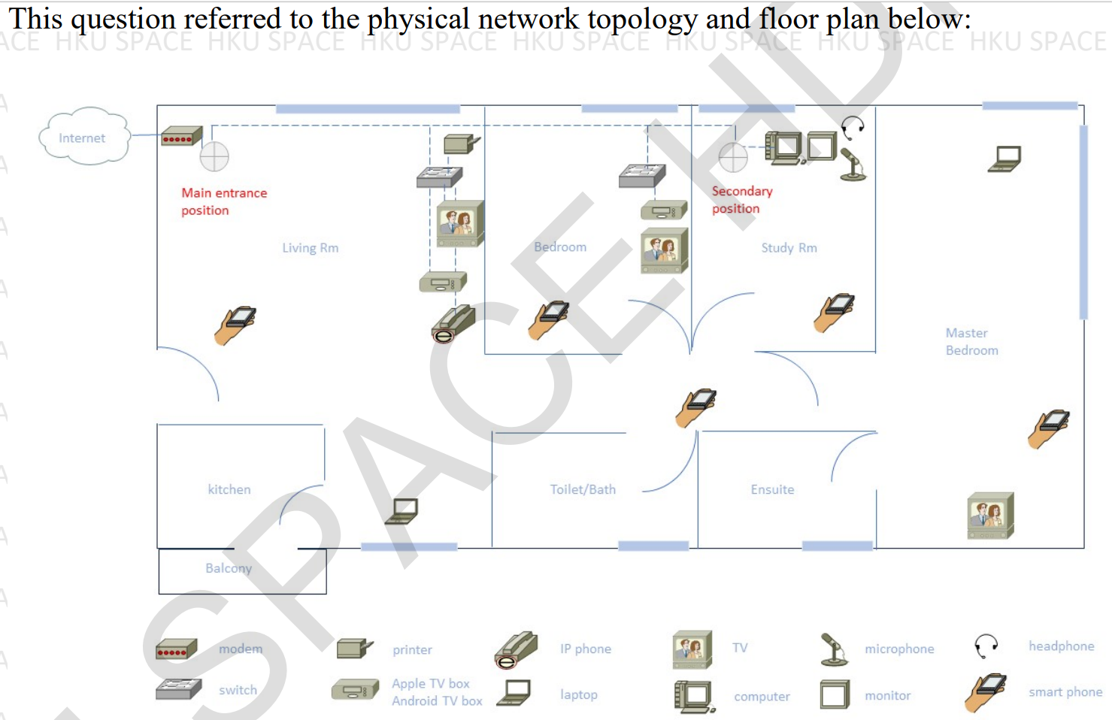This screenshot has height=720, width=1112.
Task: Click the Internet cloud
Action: tap(83, 137)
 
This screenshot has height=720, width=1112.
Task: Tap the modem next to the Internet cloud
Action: tap(181, 137)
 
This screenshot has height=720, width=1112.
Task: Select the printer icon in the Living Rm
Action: tap(460, 144)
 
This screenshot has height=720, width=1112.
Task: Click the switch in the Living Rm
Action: tap(439, 177)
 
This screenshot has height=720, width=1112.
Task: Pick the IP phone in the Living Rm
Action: tap(453, 324)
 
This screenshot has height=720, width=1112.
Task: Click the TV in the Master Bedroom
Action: tap(990, 516)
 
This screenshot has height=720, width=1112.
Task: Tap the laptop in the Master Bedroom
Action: tap(1004, 159)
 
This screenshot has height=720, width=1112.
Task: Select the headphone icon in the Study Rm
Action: tap(853, 127)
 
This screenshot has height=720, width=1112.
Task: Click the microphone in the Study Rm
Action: tap(853, 165)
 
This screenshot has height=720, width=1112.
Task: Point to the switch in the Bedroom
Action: tap(642, 176)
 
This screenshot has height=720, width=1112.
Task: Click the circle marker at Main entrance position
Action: tap(214, 157)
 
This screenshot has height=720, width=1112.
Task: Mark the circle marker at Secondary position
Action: tap(733, 157)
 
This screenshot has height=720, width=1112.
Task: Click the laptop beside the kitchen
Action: tap(401, 511)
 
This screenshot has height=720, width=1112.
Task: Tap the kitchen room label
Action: tap(229, 489)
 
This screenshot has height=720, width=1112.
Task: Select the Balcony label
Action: tap(229, 568)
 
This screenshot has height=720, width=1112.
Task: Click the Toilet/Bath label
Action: tap(583, 489)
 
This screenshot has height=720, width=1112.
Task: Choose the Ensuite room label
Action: tap(772, 489)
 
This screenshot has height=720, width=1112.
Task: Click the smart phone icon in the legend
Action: tap(986, 693)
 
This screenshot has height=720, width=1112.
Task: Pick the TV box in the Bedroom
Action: tap(664, 210)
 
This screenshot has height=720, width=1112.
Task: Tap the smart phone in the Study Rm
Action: tap(834, 312)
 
